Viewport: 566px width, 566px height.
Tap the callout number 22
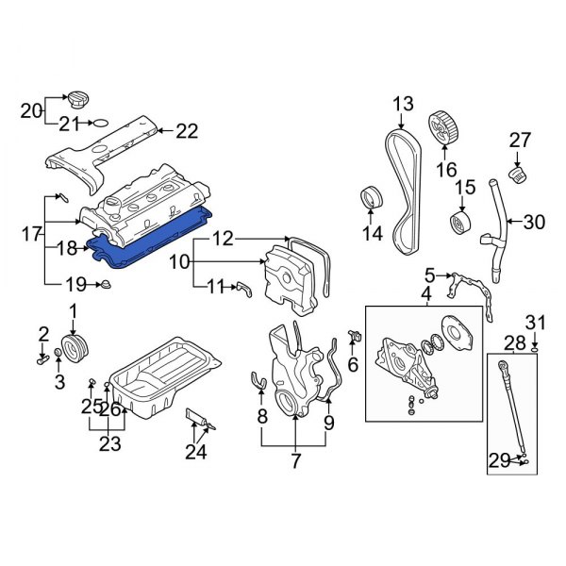coord(188,131)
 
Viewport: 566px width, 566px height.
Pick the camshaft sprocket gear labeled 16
coord(443,128)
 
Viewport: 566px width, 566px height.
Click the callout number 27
coord(521,141)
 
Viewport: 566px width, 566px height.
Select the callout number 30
coord(534,223)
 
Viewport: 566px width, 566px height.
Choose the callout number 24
coord(196,454)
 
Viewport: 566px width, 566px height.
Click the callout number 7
coord(295,462)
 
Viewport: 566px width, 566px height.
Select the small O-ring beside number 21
coord(97,123)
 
